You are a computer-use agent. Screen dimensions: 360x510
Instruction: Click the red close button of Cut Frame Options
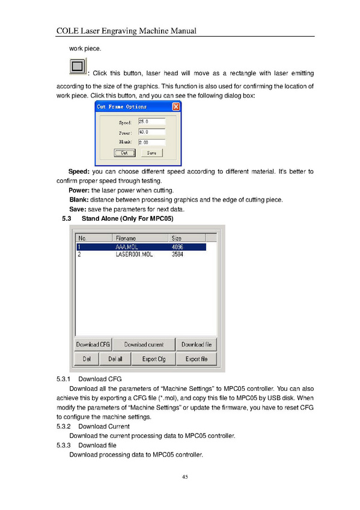(175, 106)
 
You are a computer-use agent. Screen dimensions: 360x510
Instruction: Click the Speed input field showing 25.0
(151, 121)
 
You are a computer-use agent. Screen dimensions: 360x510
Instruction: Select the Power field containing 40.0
(151, 132)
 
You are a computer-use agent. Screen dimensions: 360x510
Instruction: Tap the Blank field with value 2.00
(151, 142)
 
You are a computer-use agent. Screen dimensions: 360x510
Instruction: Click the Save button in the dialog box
(151, 153)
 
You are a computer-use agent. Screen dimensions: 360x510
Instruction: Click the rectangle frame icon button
(78, 66)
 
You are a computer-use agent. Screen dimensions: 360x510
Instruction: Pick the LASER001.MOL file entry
(134, 254)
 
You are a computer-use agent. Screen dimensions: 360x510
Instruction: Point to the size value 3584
(177, 254)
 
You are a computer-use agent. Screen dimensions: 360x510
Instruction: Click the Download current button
(144, 345)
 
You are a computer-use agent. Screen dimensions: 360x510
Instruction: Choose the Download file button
(197, 345)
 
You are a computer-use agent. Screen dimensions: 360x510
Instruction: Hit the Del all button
(115, 359)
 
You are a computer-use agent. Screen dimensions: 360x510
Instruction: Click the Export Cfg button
(154, 359)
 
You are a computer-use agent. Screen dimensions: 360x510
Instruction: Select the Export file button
(197, 359)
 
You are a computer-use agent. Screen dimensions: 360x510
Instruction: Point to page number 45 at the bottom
(185, 477)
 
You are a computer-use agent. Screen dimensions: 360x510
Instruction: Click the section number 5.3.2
(63, 426)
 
